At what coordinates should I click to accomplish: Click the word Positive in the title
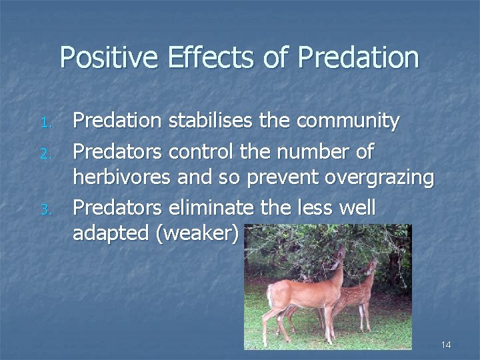[x=108, y=58]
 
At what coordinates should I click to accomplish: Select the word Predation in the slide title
[x=358, y=58]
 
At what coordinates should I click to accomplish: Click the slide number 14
[x=446, y=345]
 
